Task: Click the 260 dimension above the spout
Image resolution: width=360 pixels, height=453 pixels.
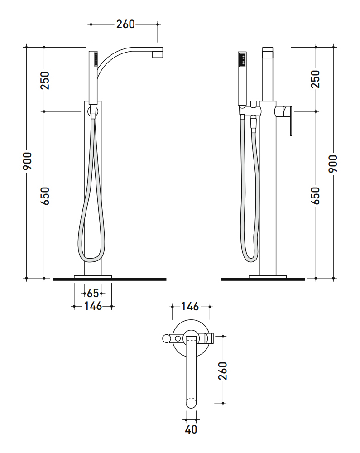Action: [x=125, y=24]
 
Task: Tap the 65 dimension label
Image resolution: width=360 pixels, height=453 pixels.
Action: [x=93, y=293]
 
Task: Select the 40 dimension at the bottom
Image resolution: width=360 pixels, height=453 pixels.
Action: [x=191, y=429]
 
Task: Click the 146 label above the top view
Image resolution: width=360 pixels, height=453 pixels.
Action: [x=190, y=307]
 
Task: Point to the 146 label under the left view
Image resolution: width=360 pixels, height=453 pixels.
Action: [x=93, y=306]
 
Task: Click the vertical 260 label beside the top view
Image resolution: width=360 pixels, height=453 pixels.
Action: [x=223, y=371]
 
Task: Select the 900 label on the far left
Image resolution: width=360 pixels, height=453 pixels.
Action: [x=28, y=161]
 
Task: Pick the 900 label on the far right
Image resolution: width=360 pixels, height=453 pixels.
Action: [x=333, y=164]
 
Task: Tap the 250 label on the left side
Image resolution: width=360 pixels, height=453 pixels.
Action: [x=45, y=81]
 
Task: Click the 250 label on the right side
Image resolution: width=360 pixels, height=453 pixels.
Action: [x=316, y=79]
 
